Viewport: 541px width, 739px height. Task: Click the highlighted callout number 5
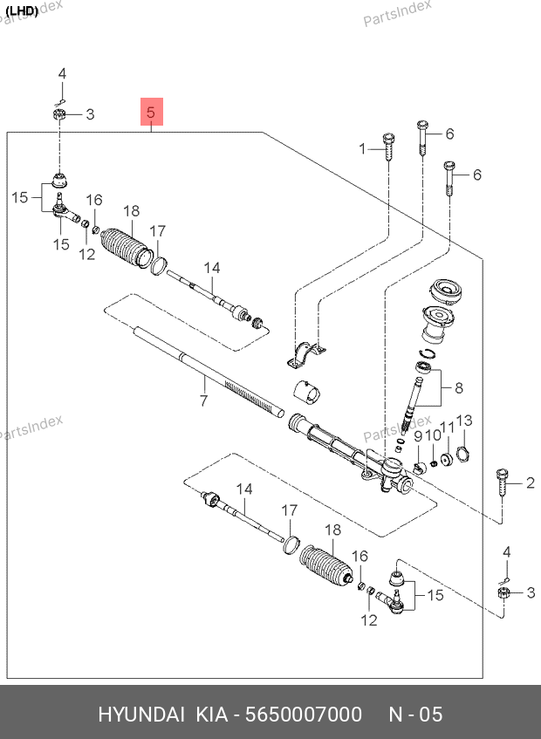click(151, 113)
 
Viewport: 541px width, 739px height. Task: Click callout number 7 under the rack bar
click(202, 401)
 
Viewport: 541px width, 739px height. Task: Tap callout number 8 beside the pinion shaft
click(459, 388)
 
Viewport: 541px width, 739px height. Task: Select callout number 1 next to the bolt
click(363, 149)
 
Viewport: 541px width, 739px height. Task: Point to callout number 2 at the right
click(529, 482)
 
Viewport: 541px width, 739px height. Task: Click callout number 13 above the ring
click(463, 421)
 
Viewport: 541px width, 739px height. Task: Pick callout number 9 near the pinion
click(417, 436)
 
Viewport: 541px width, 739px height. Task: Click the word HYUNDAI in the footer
click(140, 715)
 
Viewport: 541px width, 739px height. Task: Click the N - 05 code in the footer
click(415, 715)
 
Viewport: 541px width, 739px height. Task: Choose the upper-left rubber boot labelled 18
click(123, 247)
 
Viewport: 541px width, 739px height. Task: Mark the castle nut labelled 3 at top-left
click(60, 114)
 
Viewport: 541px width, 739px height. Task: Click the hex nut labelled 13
click(464, 454)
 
